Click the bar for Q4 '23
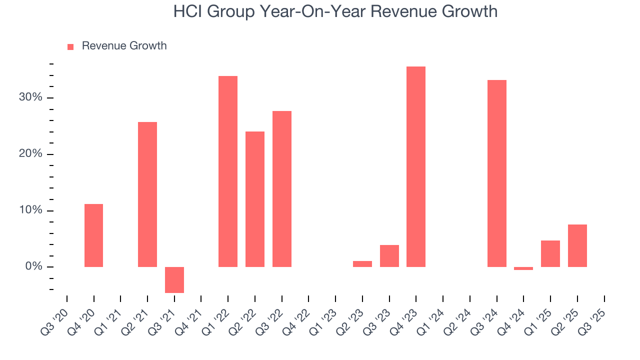416,166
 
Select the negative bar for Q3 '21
174,279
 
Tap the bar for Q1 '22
228,171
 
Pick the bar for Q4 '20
93,235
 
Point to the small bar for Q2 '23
362,264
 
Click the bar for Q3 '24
497,173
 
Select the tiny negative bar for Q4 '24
523,268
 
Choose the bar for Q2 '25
577,245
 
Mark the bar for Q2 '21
147,194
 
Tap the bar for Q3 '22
282,189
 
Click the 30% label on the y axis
30,97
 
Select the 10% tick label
30,210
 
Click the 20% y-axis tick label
30,154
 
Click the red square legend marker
70,46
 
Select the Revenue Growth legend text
124,46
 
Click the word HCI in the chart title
187,11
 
